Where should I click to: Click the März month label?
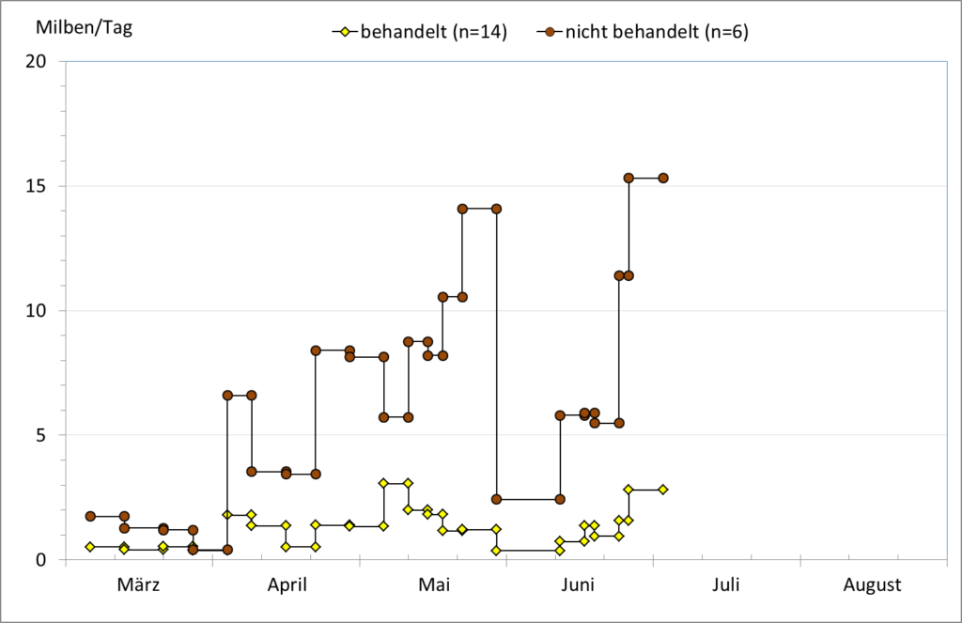(138, 585)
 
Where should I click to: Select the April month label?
(287, 585)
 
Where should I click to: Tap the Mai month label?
(433, 585)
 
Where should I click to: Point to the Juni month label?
(579, 585)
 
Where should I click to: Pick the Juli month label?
(726, 585)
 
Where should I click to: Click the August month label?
(872, 585)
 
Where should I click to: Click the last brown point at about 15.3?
(663, 178)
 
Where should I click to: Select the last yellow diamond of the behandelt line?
(663, 490)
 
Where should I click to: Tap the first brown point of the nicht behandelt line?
(90, 516)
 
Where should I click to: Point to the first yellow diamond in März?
(90, 547)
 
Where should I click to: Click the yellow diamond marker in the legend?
(345, 33)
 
